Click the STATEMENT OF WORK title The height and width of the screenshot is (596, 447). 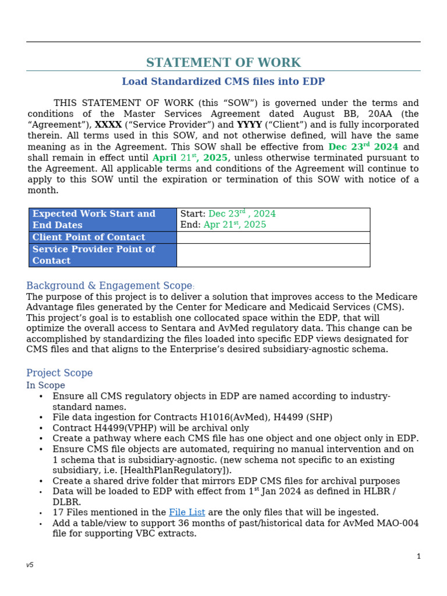pyautogui.click(x=223, y=63)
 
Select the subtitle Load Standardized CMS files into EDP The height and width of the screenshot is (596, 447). pyautogui.click(x=223, y=82)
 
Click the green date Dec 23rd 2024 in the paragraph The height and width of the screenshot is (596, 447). pyautogui.click(x=363, y=147)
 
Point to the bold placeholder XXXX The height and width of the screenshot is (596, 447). pyautogui.click(x=108, y=125)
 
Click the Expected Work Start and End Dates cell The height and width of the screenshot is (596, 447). pyautogui.click(x=102, y=219)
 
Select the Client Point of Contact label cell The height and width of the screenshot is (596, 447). pyautogui.click(x=102, y=237)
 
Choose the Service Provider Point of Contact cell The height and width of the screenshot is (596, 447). pyautogui.click(x=102, y=255)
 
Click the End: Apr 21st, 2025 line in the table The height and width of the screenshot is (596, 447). pyautogui.click(x=223, y=225)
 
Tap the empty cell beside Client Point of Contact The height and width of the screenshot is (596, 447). pyautogui.click(x=273, y=237)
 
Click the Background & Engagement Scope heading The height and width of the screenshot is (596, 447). pyautogui.click(x=109, y=286)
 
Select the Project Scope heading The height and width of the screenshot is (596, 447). pyautogui.click(x=59, y=373)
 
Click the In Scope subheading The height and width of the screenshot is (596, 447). pyautogui.click(x=45, y=385)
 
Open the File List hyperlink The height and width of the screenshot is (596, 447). pyautogui.click(x=187, y=513)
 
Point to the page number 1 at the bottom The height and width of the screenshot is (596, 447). pyautogui.click(x=418, y=556)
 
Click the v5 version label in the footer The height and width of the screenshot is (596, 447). pyautogui.click(x=30, y=565)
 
